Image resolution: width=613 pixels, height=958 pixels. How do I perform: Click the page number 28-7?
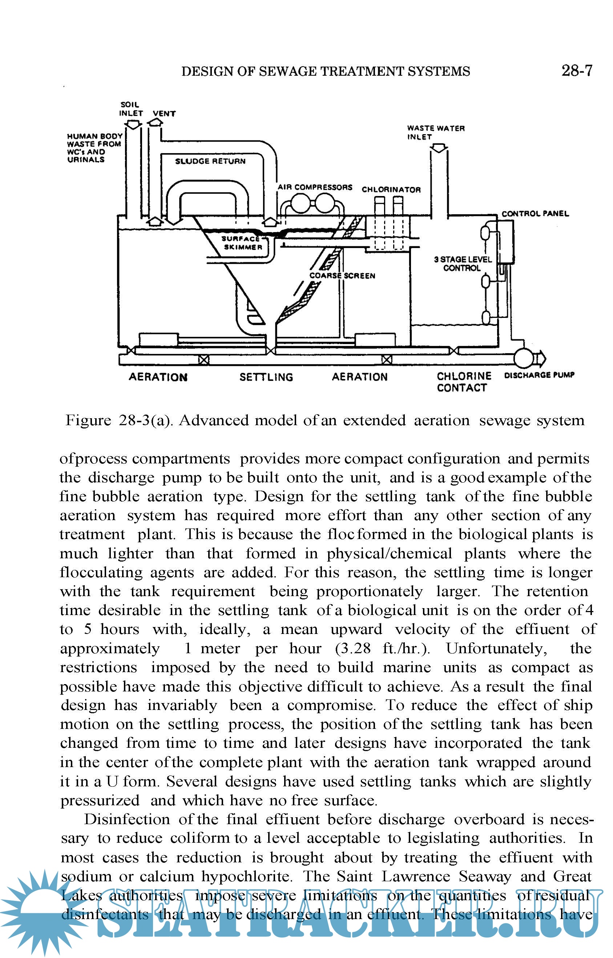click(x=576, y=71)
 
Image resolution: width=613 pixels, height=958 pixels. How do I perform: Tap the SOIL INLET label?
click(x=130, y=109)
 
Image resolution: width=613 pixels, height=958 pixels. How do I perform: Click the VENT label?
click(x=164, y=113)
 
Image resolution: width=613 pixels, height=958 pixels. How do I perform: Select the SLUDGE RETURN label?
click(x=210, y=161)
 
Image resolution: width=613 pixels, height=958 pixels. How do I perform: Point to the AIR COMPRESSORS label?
click(x=315, y=187)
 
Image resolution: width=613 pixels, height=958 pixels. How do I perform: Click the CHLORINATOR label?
click(x=391, y=189)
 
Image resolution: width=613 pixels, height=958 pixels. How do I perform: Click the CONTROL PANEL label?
click(x=535, y=214)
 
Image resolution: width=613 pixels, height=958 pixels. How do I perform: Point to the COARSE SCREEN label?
click(x=342, y=276)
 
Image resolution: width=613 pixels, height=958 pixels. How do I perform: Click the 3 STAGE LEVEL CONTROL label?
click(x=463, y=264)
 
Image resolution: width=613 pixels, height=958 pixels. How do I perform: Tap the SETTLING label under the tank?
click(x=266, y=377)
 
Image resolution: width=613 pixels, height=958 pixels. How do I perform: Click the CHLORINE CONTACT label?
click(x=463, y=382)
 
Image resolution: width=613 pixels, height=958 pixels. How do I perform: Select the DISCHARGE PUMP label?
click(x=539, y=375)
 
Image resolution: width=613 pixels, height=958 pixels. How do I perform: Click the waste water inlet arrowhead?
click(x=439, y=148)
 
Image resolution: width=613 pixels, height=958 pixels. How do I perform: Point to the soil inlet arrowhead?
click(x=133, y=125)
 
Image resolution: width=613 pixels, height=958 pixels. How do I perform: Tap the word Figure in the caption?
click(x=88, y=420)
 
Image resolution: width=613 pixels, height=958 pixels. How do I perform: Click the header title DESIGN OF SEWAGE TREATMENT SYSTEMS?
click(x=326, y=71)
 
